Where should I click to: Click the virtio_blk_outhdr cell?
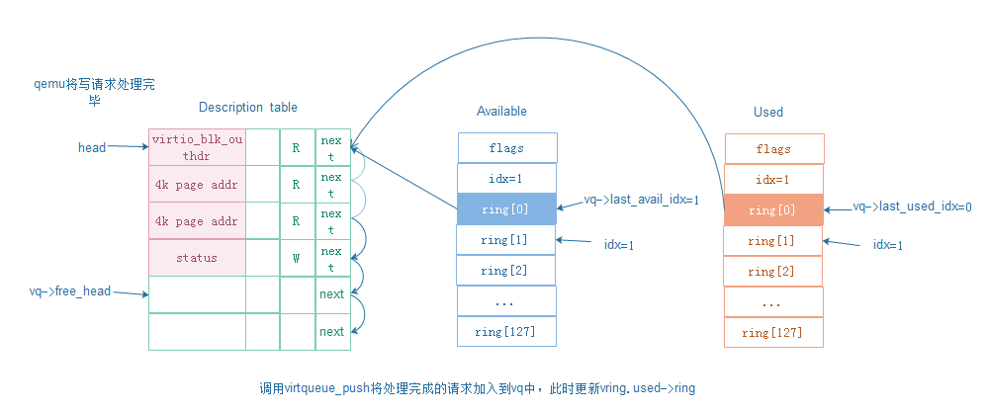point(197,147)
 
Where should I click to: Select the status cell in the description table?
point(197,258)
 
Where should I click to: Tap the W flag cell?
point(296,258)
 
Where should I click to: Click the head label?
point(92,147)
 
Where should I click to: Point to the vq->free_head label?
point(70,292)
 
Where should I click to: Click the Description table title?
point(247,107)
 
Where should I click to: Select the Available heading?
point(501,111)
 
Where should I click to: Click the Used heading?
point(768,112)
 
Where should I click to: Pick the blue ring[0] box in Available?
point(506,209)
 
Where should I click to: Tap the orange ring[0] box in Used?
point(773,210)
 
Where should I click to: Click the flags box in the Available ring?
point(506,148)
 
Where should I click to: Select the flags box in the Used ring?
point(773,149)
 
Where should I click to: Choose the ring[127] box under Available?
point(506,332)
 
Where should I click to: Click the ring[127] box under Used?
point(773,333)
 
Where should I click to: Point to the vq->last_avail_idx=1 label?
point(642,200)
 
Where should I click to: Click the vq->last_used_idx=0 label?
point(912,207)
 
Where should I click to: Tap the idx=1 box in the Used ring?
point(773,180)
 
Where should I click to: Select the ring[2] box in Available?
point(506,271)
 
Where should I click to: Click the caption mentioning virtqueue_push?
point(476,388)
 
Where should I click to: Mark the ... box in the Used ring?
point(773,302)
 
